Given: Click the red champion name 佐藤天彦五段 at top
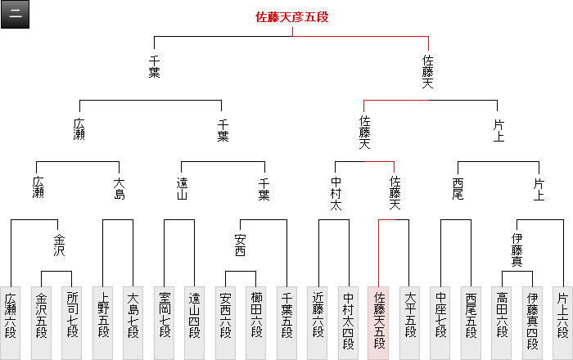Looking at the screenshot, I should [292, 16].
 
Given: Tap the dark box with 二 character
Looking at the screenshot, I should [16, 16].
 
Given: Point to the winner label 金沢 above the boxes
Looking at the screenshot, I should [58, 245].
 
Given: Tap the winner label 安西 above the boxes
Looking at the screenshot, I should [241, 245].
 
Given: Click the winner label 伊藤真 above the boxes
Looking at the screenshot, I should [517, 249].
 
